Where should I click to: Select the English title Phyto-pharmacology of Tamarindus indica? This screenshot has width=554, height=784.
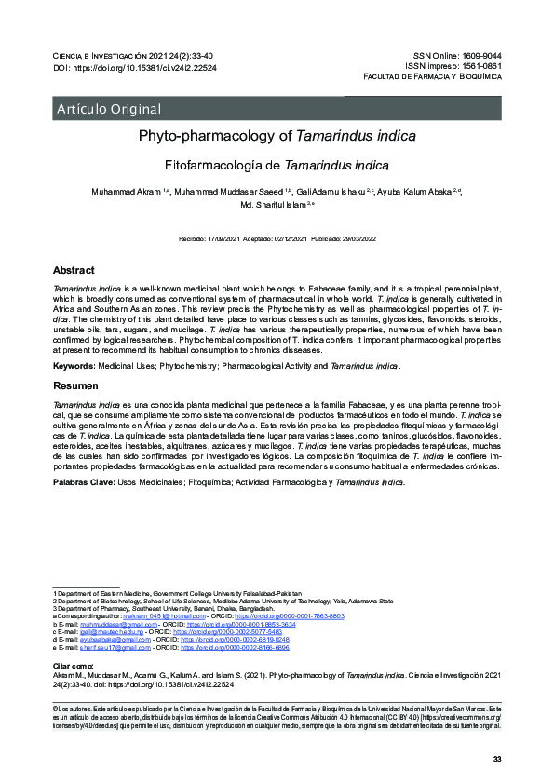click(277, 137)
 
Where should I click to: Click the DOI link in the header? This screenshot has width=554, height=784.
click(150, 68)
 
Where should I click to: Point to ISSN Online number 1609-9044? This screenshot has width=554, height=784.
click(481, 57)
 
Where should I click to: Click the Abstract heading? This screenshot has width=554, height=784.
click(74, 270)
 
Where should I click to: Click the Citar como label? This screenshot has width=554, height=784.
click(72, 667)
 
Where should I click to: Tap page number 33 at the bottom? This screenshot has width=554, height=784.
click(496, 761)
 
